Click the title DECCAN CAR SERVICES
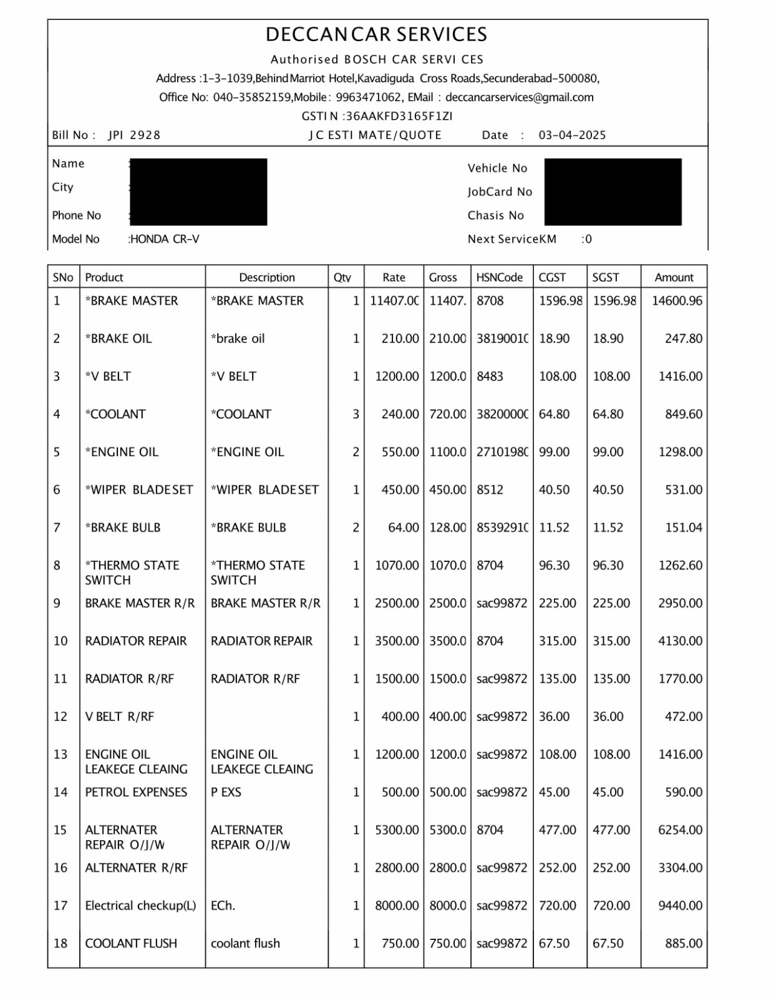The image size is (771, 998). tap(376, 34)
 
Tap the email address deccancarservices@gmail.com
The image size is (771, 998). tap(520, 97)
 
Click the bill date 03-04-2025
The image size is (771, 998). tap(572, 135)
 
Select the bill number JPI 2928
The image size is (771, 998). tap(134, 135)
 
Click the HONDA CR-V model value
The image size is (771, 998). tap(165, 239)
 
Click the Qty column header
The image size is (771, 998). tap(342, 278)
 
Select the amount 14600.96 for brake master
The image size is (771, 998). tap(677, 301)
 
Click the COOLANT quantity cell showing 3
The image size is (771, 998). tap(356, 414)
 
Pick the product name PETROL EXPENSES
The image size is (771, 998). tap(136, 792)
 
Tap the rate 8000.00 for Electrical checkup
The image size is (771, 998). tap(397, 906)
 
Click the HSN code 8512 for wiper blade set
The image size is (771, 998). tap(490, 490)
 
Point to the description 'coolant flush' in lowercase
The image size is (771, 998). tap(245, 944)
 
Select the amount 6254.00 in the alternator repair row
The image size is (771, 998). tap(680, 830)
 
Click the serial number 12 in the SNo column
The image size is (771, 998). tap(60, 717)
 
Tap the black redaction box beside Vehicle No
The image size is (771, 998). tap(613, 191)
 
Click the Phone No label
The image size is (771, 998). tap(76, 216)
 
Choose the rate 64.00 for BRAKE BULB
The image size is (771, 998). tap(403, 528)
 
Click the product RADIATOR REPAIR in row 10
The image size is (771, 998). tap(136, 641)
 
